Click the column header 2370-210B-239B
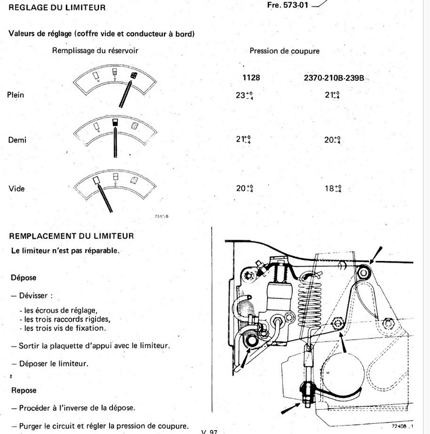(x=332, y=78)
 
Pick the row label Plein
(x=16, y=94)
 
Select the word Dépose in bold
(x=23, y=277)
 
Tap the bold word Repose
(x=23, y=390)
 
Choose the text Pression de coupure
(x=284, y=51)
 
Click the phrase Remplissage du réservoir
(x=94, y=51)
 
